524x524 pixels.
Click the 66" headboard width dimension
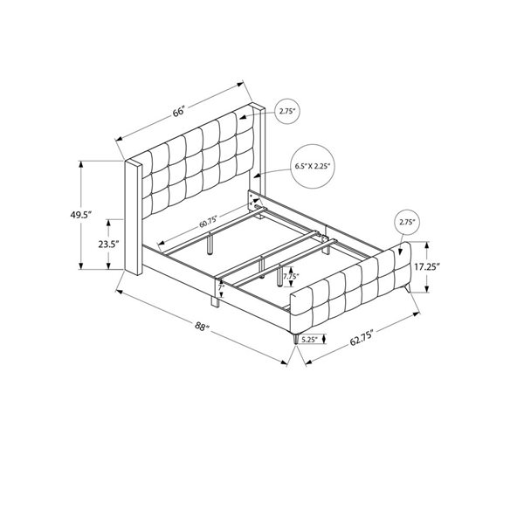point(179,111)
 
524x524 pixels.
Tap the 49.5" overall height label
point(81,215)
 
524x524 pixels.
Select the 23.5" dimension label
point(108,245)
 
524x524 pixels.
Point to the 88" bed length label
point(203,326)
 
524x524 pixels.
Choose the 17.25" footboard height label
point(427,266)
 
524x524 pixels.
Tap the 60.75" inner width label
point(208,222)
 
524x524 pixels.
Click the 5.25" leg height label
point(309,340)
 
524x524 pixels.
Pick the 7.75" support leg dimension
point(291,276)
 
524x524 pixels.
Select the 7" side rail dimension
point(220,286)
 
